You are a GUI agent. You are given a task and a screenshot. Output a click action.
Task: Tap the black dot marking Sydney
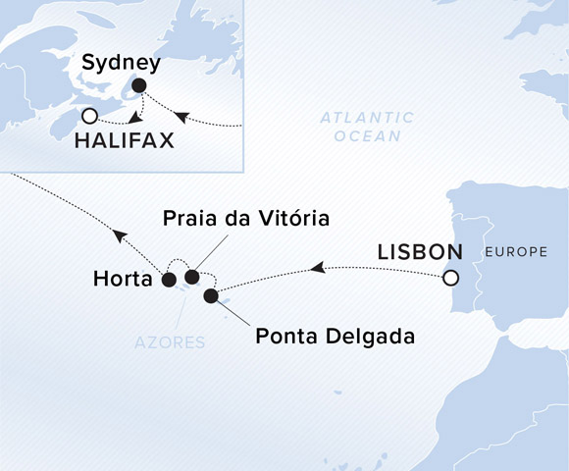click(138, 85)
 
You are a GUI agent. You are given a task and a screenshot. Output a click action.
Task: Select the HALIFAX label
click(125, 140)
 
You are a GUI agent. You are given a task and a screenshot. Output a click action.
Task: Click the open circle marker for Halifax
click(90, 115)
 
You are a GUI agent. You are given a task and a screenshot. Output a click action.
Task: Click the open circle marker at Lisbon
click(450, 278)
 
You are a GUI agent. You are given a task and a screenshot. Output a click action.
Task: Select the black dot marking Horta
click(168, 280)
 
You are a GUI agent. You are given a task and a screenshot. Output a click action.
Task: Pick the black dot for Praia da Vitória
click(192, 277)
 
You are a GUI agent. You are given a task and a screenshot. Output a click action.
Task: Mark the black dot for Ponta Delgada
click(210, 294)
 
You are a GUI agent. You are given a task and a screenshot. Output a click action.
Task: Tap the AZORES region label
click(171, 342)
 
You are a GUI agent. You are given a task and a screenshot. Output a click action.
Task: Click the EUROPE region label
click(516, 252)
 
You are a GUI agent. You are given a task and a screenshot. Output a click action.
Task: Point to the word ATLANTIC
click(367, 118)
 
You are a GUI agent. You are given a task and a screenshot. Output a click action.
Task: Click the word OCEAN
click(367, 136)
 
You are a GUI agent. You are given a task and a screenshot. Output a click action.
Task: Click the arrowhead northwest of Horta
click(120, 235)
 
